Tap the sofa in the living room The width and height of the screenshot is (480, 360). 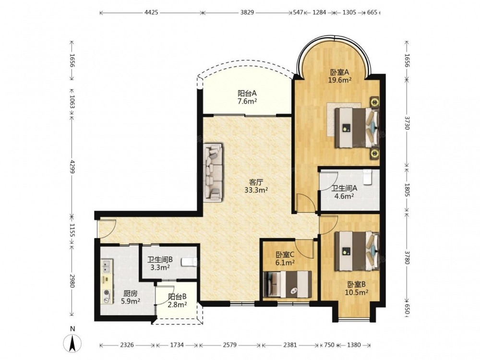(214, 172)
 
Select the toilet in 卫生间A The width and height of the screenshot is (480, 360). (367, 177)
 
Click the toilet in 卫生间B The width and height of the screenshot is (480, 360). (189, 263)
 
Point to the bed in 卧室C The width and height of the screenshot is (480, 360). (288, 284)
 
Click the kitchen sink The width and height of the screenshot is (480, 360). (107, 266)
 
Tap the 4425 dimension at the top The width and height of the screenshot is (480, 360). (151, 12)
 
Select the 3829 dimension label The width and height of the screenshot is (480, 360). (247, 12)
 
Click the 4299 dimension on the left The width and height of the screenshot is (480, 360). (72, 167)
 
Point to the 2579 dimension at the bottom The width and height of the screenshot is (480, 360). (229, 345)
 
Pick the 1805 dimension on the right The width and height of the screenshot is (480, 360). (407, 190)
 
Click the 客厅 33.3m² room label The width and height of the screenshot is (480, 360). (256, 186)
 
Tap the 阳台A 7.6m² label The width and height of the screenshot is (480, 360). (247, 97)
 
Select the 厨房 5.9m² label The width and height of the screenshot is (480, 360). (131, 297)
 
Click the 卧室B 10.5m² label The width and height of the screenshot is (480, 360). (356, 288)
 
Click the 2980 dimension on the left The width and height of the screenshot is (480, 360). (72, 280)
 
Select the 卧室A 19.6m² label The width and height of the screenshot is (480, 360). (339, 76)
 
